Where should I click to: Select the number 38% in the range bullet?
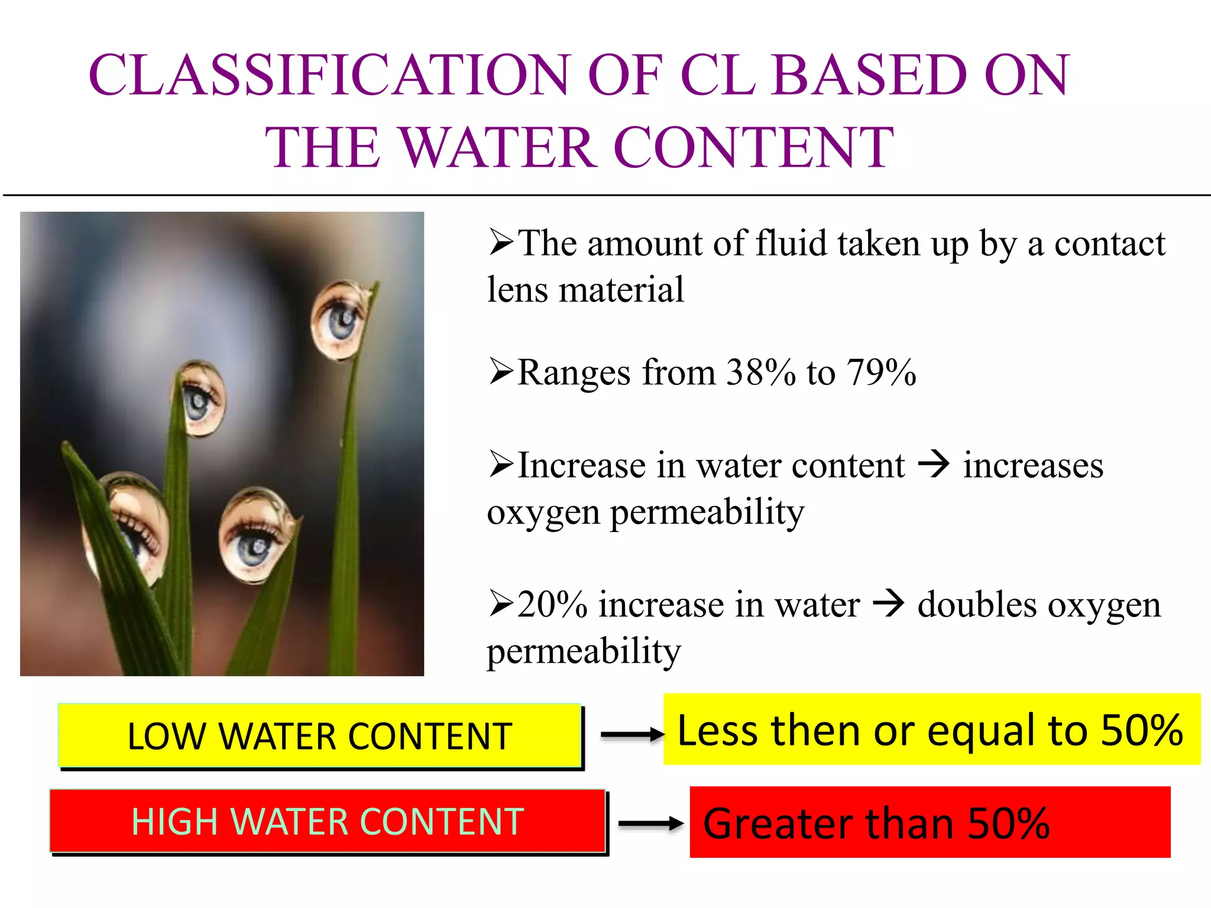click(x=760, y=373)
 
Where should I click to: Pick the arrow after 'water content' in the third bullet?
click(x=934, y=465)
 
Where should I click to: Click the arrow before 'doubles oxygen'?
click(x=888, y=604)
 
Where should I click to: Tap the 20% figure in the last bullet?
click(x=552, y=605)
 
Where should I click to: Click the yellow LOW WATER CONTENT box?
click(x=320, y=736)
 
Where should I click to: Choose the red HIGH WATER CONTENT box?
click(x=328, y=821)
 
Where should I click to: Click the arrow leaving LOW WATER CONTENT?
click(x=632, y=735)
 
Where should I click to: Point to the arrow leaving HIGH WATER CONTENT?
click(x=650, y=823)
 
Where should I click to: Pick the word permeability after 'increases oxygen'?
click(x=707, y=512)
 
